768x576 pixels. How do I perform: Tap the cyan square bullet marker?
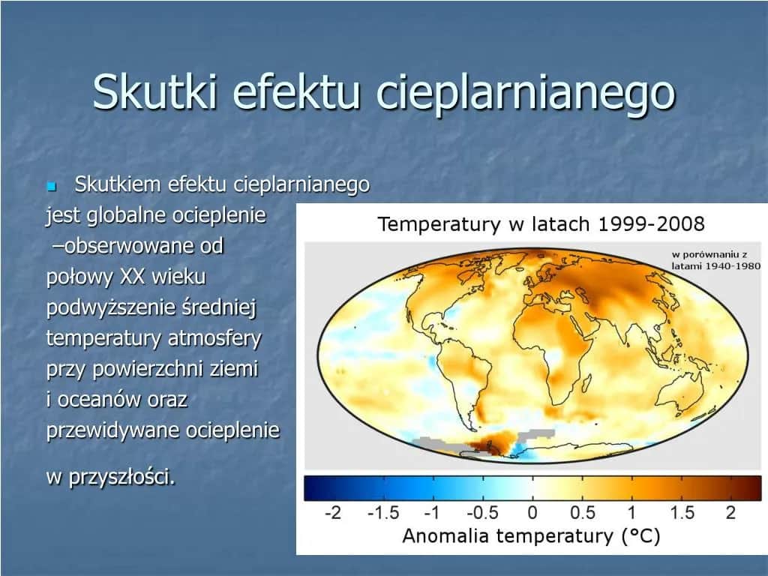click(52, 185)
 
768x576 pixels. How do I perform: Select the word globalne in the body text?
click(127, 216)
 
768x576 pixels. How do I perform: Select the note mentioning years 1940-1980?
click(715, 260)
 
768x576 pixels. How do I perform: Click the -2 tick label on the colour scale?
click(332, 514)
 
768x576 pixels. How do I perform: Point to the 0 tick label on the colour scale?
click(532, 514)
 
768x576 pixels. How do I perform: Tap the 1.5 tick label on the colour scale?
click(682, 514)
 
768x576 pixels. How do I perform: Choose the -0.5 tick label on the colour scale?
click(482, 514)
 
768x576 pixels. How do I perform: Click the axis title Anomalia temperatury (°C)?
click(532, 535)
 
